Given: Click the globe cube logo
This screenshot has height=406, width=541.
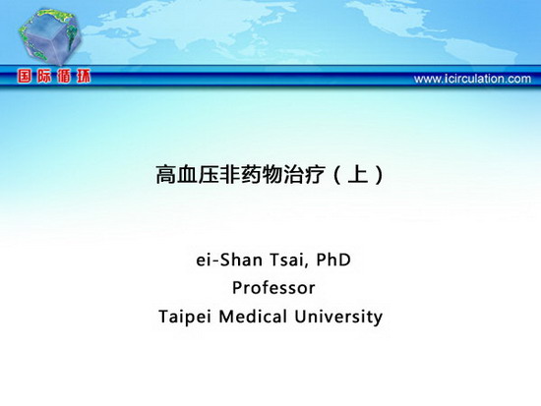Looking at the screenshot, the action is coord(50,35).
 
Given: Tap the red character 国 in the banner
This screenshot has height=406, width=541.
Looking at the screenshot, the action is coord(26,76).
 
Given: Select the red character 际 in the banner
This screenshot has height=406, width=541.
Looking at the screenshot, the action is coord(44,76).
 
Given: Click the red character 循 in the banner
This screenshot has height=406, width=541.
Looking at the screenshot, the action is coord(64,76).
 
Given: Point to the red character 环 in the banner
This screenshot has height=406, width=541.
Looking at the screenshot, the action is coord(84,76).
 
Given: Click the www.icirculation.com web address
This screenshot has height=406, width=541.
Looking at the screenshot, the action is coord(472,79).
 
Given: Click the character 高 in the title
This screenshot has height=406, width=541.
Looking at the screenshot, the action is coord(166,175).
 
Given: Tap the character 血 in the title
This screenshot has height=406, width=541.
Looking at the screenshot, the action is coord(187,175).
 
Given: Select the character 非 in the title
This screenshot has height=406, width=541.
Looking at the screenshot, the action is coord(229,175).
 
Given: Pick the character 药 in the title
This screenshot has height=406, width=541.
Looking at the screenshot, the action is coord(251,175).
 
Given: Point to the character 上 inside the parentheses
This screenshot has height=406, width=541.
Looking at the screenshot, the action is coord(358,174).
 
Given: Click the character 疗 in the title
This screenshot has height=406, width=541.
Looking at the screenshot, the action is coord(315,175).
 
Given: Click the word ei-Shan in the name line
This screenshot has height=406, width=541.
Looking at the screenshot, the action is coord(229,260).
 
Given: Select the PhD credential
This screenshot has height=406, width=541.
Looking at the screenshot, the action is coord(333,260).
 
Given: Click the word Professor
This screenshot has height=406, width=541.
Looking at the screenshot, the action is coord(273,288).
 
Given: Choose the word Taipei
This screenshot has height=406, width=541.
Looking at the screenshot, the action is coord(184,317).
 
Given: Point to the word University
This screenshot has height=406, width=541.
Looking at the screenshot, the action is coord(338,317).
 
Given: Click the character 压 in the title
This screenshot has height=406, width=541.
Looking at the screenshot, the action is coord(209,175).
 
